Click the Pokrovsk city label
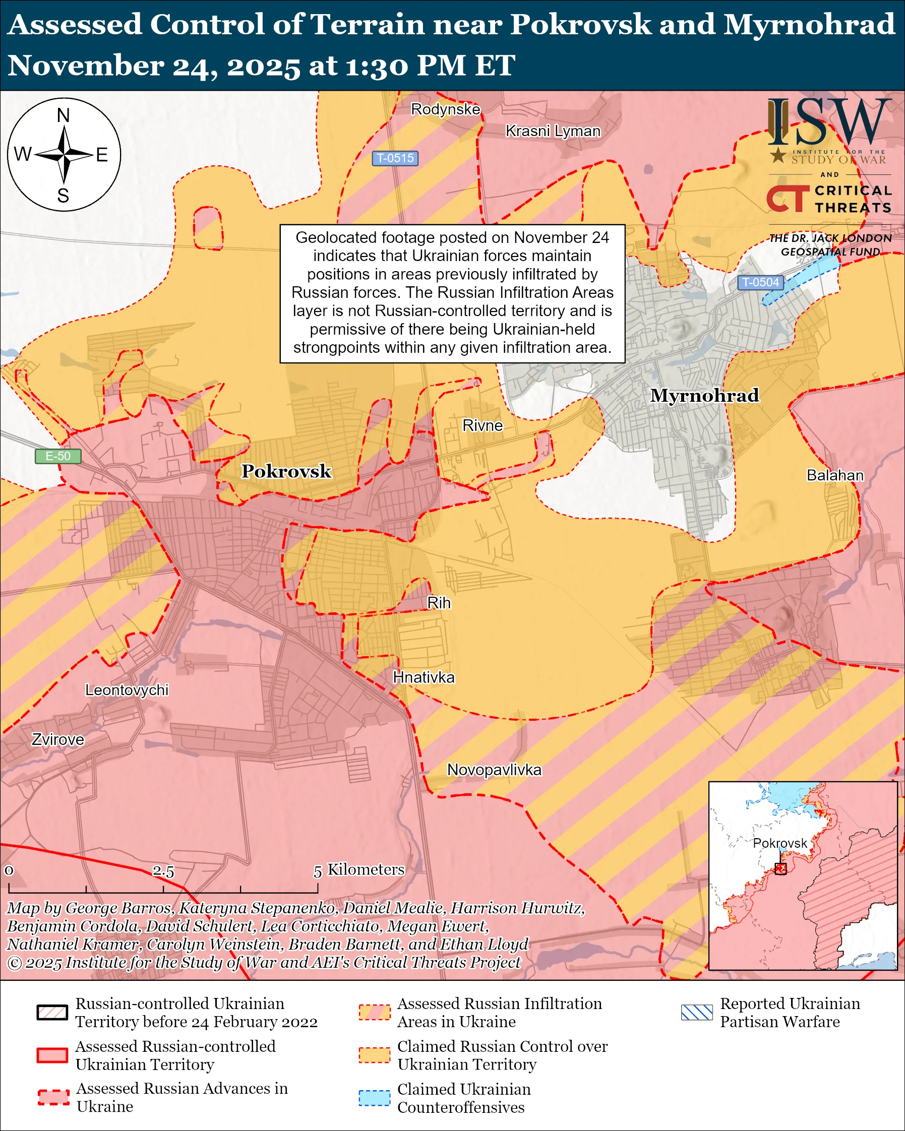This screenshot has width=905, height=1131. [x=286, y=471]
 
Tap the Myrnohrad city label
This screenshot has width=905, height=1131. [x=704, y=395]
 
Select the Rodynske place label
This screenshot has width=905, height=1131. [x=445, y=109]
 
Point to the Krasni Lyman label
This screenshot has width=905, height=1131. [x=553, y=131]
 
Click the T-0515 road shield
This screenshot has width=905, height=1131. [x=395, y=158]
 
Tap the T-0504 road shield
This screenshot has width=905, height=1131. [x=760, y=282]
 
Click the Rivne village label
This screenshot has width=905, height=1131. [x=482, y=425]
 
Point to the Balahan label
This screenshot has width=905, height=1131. [x=835, y=475]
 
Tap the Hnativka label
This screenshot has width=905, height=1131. [x=424, y=677]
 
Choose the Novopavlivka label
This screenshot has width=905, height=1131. [x=494, y=770]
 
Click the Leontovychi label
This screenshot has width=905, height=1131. [x=127, y=690]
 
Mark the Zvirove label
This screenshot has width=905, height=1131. [x=57, y=740]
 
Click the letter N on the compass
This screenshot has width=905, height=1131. [x=64, y=115]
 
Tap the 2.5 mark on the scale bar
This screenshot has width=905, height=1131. [x=163, y=871]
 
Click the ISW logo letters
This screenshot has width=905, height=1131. [x=829, y=123]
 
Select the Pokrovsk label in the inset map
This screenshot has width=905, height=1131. [x=779, y=843]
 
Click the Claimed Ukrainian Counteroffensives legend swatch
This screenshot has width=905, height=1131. [x=374, y=1098]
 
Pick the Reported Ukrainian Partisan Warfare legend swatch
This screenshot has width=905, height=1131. [x=697, y=1013]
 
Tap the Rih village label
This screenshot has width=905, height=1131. [x=439, y=603]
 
